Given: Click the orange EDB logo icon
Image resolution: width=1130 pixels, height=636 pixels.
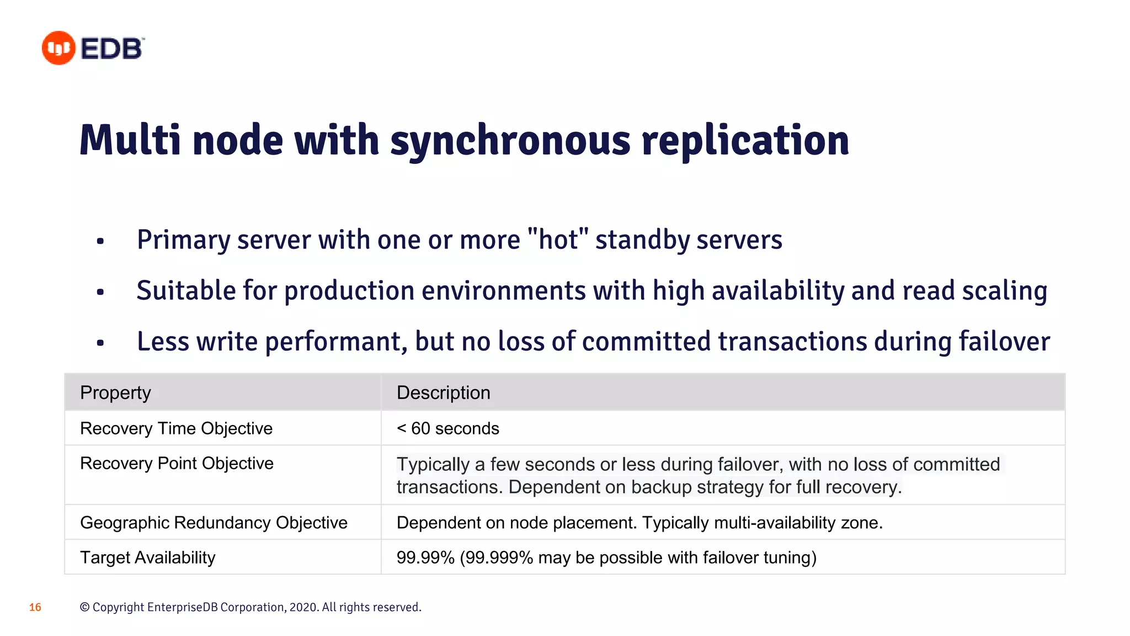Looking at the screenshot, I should click(x=58, y=48).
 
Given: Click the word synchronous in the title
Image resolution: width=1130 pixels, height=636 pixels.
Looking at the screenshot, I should click(x=510, y=140).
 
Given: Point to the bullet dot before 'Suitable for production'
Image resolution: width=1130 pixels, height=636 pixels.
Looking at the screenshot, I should click(x=100, y=291).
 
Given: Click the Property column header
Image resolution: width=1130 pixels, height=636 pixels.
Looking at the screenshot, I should click(x=115, y=393).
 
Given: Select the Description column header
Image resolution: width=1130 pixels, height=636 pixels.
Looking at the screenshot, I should click(x=443, y=393).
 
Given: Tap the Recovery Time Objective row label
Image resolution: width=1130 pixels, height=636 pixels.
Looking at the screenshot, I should click(x=176, y=428).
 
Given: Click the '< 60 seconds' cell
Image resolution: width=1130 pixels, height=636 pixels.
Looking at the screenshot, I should click(x=447, y=428).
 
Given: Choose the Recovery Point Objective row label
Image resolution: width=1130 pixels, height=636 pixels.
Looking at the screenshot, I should click(x=177, y=463).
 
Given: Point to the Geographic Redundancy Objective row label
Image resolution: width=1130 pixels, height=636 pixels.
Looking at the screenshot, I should click(x=214, y=523).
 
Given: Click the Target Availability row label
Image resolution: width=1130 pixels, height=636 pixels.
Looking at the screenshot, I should click(x=147, y=558).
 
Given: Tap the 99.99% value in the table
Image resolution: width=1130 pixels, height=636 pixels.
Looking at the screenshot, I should click(x=425, y=558).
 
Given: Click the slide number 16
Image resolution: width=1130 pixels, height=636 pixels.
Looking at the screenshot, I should click(x=35, y=607).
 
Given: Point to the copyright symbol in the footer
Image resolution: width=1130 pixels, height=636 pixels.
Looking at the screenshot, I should click(x=84, y=607).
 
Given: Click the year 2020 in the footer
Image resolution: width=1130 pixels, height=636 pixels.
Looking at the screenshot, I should click(x=303, y=607).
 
